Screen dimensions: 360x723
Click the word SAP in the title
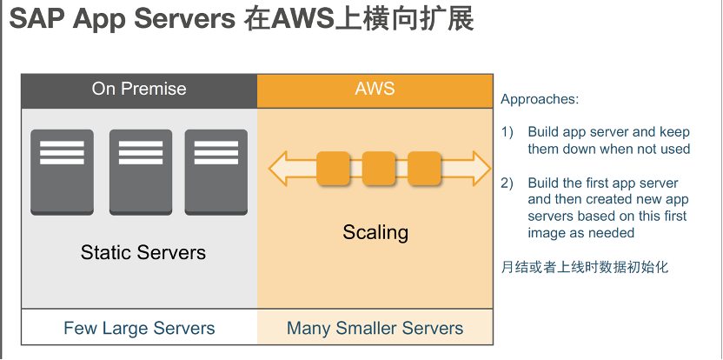(x=37, y=20)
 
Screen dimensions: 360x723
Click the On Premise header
(x=139, y=89)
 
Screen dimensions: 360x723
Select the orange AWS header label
(x=375, y=89)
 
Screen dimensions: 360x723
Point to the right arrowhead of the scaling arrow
(x=480, y=168)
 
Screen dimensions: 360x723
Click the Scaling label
(x=375, y=232)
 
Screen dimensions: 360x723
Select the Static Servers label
(x=143, y=253)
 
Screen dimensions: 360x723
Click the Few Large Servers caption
(x=139, y=328)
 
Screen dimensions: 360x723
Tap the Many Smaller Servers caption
(x=375, y=328)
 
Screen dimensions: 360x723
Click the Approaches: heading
(x=540, y=99)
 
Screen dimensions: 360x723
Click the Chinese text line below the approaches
(x=585, y=267)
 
